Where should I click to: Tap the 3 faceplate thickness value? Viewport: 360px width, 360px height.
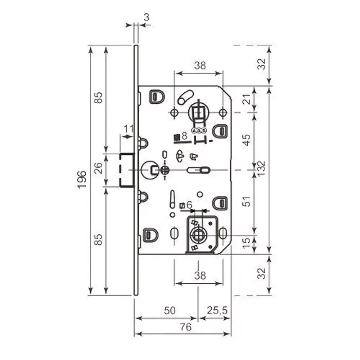146,17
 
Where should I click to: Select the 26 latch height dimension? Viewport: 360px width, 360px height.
98,168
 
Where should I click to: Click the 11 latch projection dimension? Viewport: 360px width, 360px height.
129,129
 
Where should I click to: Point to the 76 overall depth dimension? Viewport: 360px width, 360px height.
185,327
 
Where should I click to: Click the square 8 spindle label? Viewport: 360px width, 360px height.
181,136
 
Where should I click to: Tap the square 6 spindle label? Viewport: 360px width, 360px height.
186,205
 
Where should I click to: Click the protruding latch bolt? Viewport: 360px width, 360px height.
127,170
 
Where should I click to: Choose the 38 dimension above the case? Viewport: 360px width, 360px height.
200,66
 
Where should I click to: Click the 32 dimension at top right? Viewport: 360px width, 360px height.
262,64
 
